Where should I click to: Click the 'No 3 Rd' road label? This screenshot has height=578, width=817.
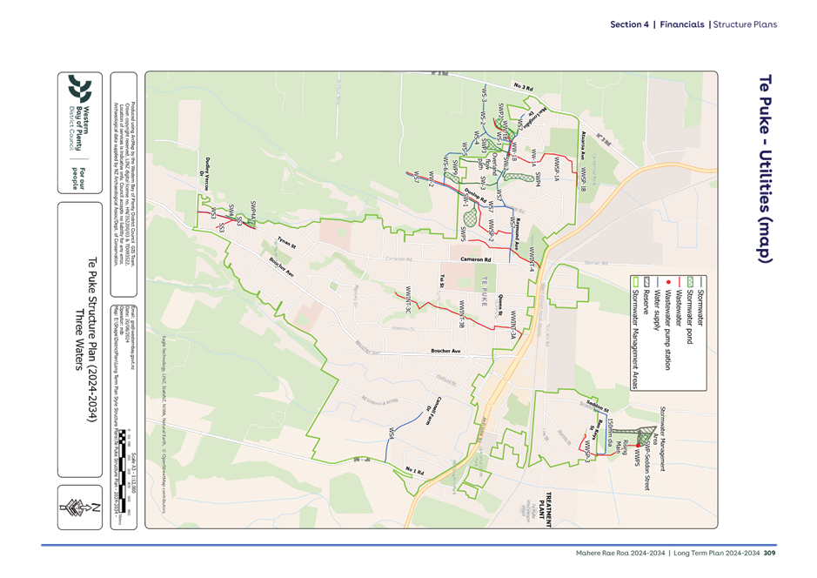(523, 88)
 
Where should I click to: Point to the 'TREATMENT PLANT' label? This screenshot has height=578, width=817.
(545, 502)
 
